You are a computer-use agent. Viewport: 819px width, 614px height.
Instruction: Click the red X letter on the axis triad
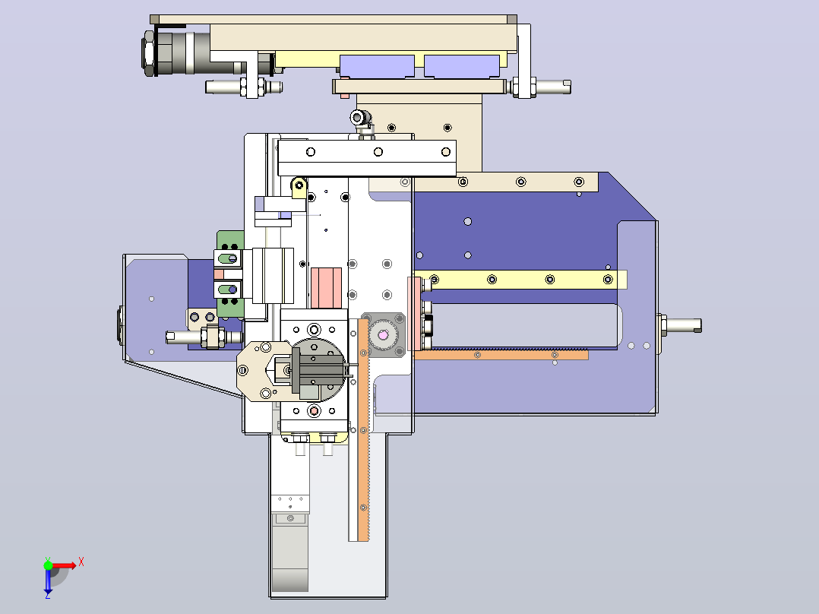pos(81,562)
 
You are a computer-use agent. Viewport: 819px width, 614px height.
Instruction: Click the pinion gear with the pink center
pos(383,335)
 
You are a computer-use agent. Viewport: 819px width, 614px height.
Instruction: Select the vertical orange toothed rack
pos(363,429)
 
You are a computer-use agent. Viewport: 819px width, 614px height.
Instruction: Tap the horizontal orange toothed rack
pos(501,354)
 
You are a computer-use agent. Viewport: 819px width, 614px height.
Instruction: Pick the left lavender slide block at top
pos(377,66)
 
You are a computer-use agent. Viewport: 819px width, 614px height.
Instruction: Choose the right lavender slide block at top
pos(462,66)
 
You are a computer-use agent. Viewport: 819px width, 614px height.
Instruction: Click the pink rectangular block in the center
pos(327,288)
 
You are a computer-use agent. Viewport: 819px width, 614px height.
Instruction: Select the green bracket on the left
pos(230,274)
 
